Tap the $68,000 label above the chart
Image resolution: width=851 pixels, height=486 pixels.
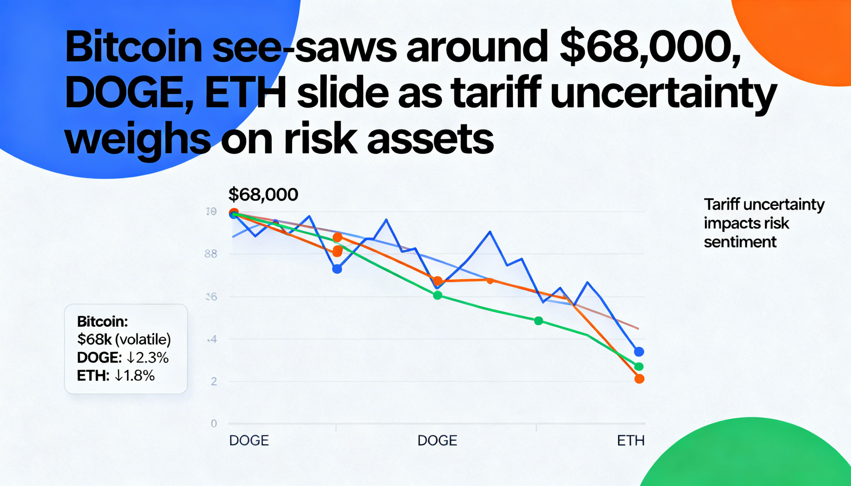click(263, 195)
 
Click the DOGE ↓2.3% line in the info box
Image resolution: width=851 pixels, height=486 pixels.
click(123, 357)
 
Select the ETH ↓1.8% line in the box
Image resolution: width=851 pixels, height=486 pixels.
click(116, 376)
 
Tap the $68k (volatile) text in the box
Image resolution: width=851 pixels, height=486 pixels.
click(124, 340)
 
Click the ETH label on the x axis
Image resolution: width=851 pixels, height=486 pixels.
click(630, 441)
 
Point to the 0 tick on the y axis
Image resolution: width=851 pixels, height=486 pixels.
click(214, 424)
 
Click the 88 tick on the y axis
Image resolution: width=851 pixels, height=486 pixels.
click(210, 254)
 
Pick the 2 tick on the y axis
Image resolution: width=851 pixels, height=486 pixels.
click(214, 381)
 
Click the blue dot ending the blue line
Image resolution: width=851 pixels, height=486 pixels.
click(639, 351)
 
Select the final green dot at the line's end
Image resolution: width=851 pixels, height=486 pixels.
click(639, 366)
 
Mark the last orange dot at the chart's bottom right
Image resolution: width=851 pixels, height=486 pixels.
click(639, 379)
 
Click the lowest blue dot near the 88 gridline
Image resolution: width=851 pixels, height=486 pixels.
click(337, 269)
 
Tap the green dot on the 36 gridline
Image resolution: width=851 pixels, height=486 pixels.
click(437, 295)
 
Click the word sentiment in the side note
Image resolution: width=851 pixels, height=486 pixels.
click(740, 242)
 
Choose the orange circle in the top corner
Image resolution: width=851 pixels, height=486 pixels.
click(801, 33)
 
